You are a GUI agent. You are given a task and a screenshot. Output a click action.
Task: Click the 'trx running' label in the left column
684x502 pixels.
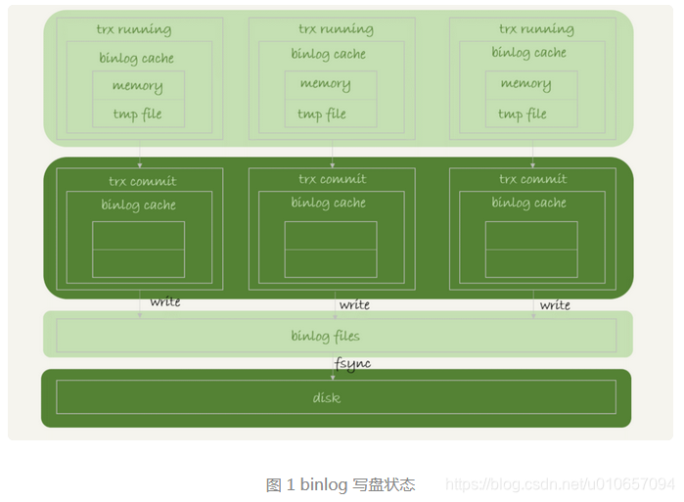pyautogui.click(x=133, y=29)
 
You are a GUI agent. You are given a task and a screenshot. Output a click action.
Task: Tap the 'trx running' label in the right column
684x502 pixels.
pyautogui.click(x=535, y=29)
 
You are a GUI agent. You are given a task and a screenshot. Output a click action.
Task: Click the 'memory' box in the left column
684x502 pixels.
pyautogui.click(x=137, y=86)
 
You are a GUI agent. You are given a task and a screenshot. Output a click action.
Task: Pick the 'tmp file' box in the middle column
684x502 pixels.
pyautogui.click(x=322, y=114)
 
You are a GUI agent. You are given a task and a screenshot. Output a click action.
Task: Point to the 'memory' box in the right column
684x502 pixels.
pyautogui.click(x=525, y=84)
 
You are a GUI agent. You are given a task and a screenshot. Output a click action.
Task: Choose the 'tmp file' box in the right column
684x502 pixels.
pyautogui.click(x=523, y=114)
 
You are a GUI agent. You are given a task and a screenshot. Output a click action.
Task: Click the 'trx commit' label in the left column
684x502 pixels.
pyautogui.click(x=142, y=181)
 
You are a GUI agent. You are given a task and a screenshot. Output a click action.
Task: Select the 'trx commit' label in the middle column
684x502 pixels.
pyautogui.click(x=332, y=179)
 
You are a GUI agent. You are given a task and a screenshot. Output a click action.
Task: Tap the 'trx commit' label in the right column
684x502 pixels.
pyautogui.click(x=532, y=179)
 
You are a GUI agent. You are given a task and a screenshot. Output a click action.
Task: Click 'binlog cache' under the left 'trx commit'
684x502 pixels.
pyautogui.click(x=138, y=205)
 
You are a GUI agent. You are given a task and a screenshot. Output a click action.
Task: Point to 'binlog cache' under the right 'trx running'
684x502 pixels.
pyautogui.click(x=528, y=53)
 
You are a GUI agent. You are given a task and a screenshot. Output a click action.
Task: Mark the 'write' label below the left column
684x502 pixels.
pyautogui.click(x=165, y=301)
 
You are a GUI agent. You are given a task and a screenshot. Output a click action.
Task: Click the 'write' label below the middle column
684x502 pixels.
pyautogui.click(x=354, y=304)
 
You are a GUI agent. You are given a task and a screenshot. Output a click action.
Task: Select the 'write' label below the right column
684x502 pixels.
pyautogui.click(x=555, y=304)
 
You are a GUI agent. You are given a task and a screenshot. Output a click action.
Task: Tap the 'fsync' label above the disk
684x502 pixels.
pyautogui.click(x=353, y=364)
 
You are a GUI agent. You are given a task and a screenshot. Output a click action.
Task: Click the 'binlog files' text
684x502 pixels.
pyautogui.click(x=325, y=337)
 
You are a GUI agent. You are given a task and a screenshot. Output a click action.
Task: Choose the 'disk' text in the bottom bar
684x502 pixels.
pyautogui.click(x=326, y=398)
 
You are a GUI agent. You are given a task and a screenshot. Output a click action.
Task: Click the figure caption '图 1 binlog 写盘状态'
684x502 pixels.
pyautogui.click(x=341, y=484)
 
